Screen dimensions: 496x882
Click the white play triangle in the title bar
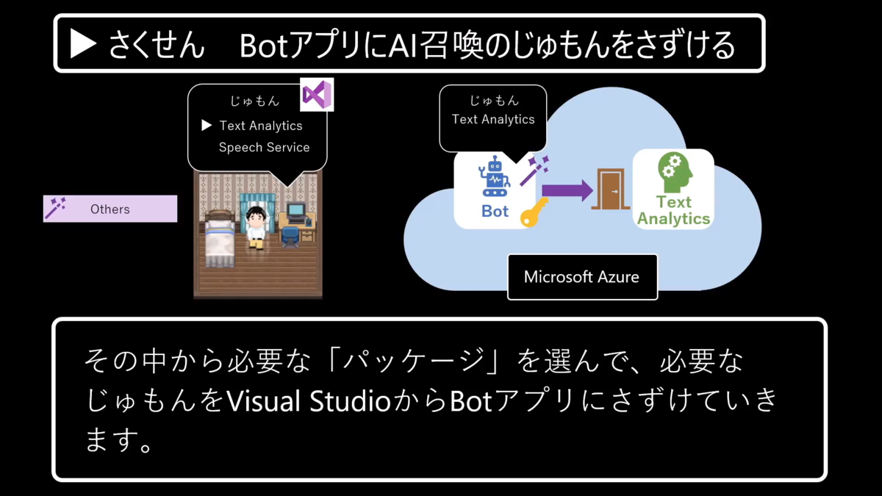point(83,45)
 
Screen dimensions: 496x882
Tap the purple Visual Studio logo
point(318,95)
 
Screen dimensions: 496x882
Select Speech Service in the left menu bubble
point(264,147)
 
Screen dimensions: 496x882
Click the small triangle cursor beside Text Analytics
point(207,126)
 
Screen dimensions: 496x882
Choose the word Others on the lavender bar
point(110,209)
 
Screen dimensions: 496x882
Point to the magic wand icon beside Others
point(55,208)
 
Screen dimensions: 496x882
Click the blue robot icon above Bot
point(494,176)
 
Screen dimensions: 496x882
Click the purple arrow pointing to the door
point(567,190)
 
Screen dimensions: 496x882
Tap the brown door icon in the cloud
point(610,190)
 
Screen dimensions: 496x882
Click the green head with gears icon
point(674,173)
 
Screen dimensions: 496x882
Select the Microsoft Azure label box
point(581,277)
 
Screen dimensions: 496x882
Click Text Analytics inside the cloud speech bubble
point(493,119)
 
